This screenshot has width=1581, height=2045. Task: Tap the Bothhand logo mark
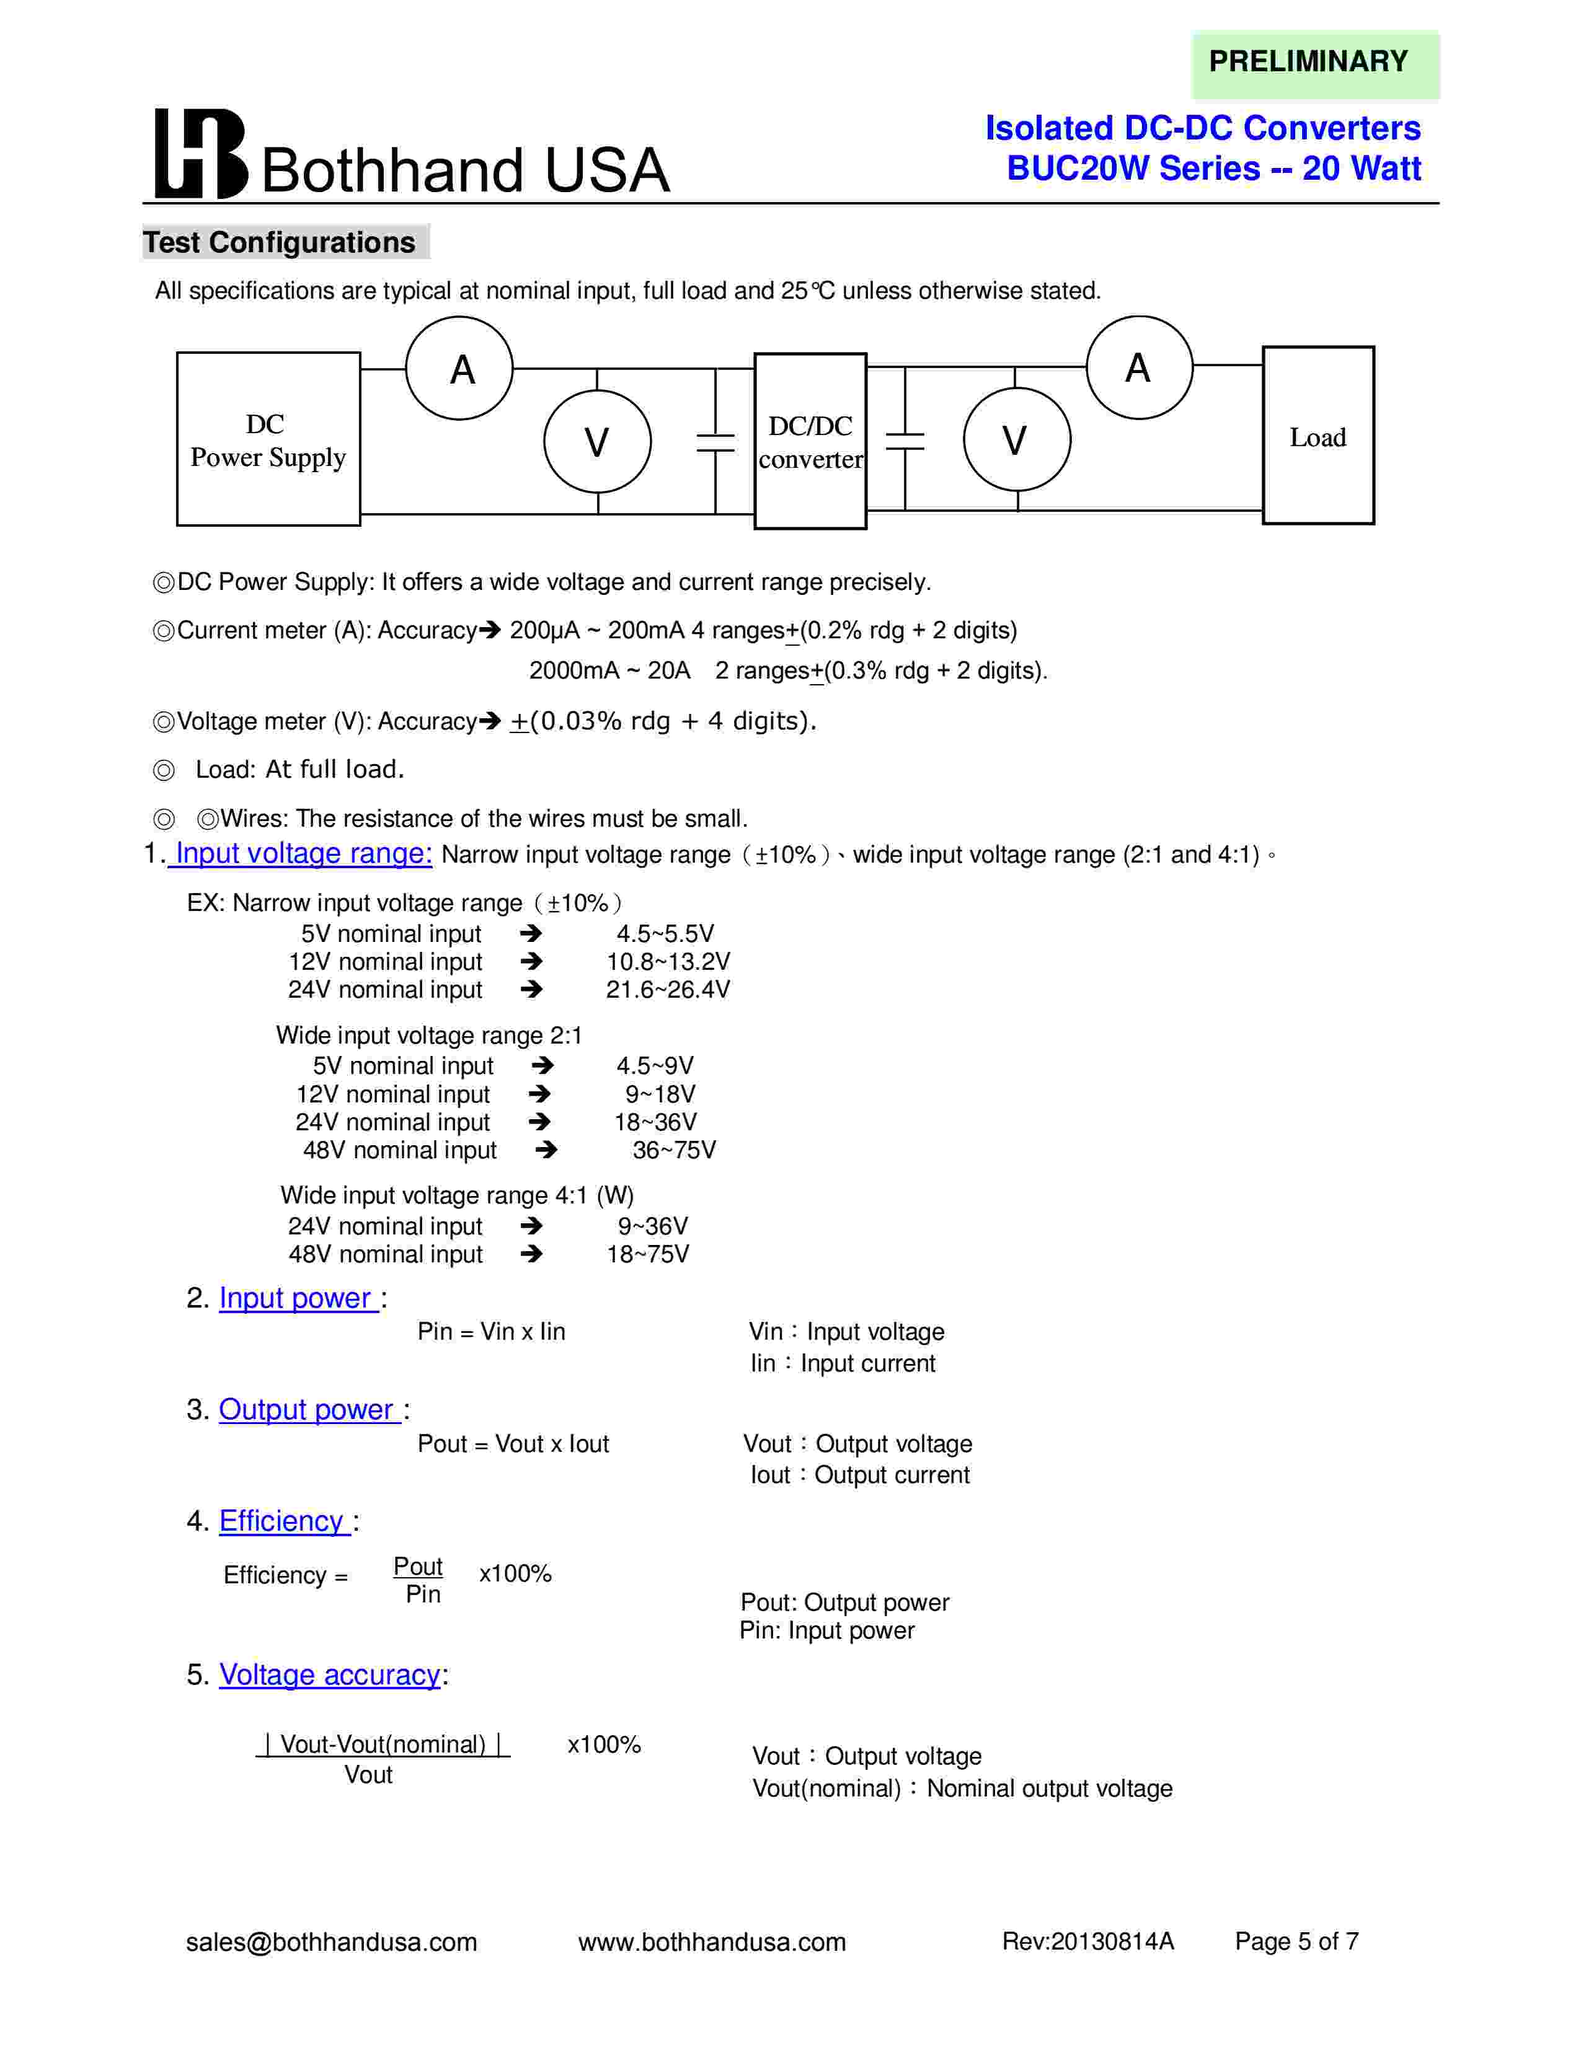pyautogui.click(x=200, y=154)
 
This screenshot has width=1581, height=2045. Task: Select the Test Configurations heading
pyautogui.click(x=279, y=242)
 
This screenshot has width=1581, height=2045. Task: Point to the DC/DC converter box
pyautogui.click(x=810, y=441)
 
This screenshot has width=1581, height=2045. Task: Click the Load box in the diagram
pyautogui.click(x=1318, y=436)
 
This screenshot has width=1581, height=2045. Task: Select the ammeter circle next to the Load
pyautogui.click(x=1139, y=367)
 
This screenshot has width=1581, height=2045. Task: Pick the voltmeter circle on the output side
pyautogui.click(x=1016, y=439)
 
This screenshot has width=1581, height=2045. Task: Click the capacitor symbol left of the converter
pyautogui.click(x=715, y=442)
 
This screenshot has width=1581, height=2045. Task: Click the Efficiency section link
pyautogui.click(x=283, y=1521)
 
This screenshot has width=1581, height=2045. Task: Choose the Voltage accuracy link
pyautogui.click(x=330, y=1674)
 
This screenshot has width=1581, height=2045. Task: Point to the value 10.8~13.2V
pyautogui.click(x=668, y=962)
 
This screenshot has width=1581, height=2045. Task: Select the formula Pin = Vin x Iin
pyautogui.click(x=491, y=1332)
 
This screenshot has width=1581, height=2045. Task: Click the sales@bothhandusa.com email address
pyautogui.click(x=332, y=1942)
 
